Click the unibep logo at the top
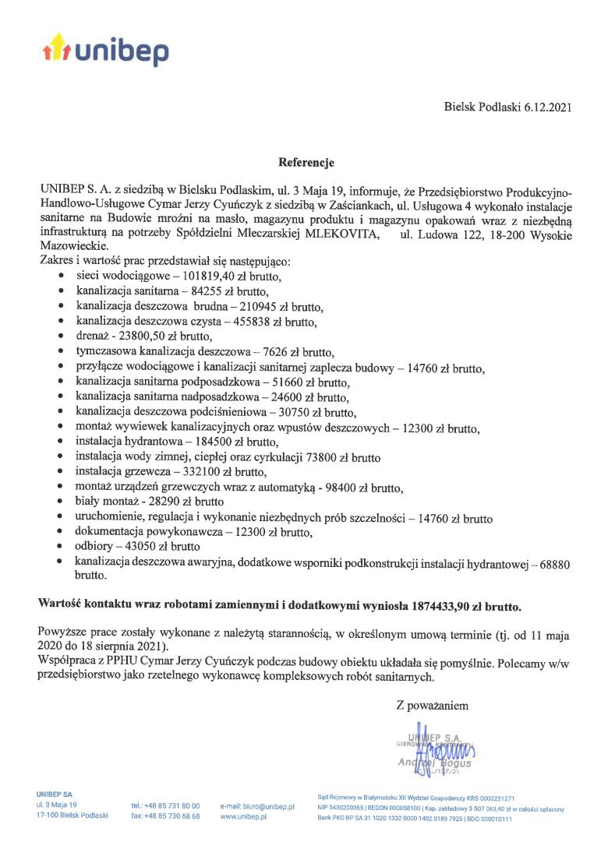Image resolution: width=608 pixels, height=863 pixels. tap(104, 49)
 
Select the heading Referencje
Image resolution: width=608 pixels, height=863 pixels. tap(306, 163)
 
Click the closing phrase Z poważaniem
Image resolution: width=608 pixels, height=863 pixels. tap(432, 706)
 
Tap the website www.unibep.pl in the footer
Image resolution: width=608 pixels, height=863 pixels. tap(244, 816)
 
